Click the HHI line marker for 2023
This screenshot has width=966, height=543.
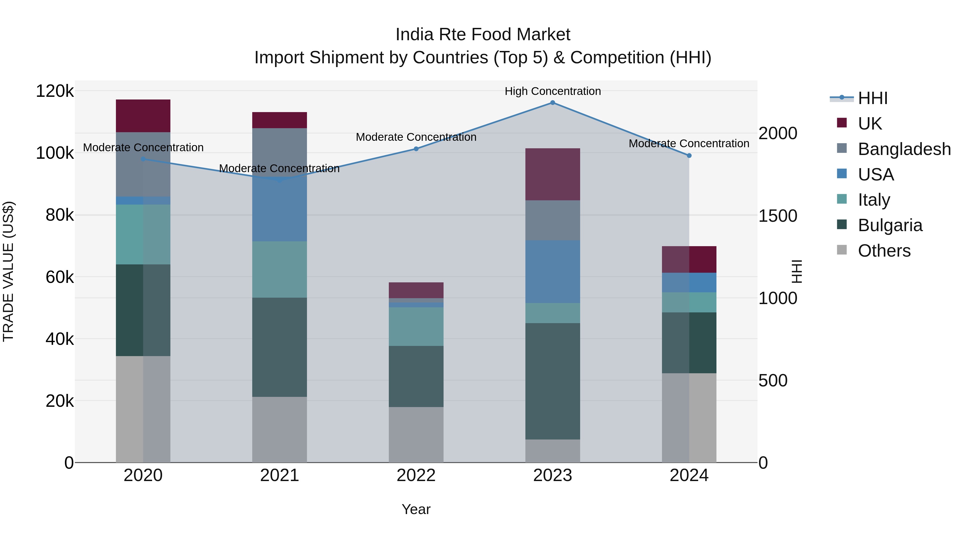552,102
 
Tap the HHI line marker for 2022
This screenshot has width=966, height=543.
416,149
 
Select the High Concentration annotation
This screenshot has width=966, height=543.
552,91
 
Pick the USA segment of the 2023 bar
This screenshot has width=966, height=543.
552,272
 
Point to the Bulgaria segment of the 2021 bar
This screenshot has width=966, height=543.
279,347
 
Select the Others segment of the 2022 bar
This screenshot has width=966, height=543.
416,434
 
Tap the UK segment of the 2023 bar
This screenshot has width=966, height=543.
552,174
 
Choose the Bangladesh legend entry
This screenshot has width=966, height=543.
904,149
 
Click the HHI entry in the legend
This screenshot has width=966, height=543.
872,98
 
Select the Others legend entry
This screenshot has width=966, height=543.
884,251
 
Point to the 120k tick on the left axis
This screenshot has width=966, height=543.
55,91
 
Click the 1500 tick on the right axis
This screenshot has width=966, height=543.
777,216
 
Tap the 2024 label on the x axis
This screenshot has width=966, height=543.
689,475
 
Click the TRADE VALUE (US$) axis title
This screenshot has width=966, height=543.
8,271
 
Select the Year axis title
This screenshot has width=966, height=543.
416,509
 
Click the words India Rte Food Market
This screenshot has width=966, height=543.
483,35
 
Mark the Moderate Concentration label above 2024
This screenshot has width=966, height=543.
689,143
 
